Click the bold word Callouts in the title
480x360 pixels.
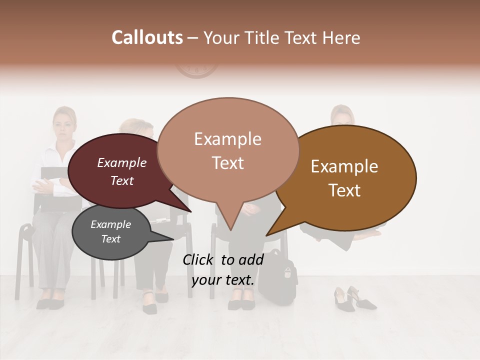[x=147, y=37]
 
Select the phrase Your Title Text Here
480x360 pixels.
[x=281, y=37]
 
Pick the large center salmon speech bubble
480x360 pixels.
[x=228, y=120]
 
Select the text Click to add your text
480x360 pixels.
[x=223, y=269]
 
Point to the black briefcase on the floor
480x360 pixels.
[x=277, y=277]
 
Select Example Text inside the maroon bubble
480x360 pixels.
[x=121, y=171]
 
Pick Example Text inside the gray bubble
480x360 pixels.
[x=110, y=231]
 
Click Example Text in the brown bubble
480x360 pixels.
[x=344, y=178]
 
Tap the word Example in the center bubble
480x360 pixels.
[x=227, y=139]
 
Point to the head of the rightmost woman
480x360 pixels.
[x=342, y=116]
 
